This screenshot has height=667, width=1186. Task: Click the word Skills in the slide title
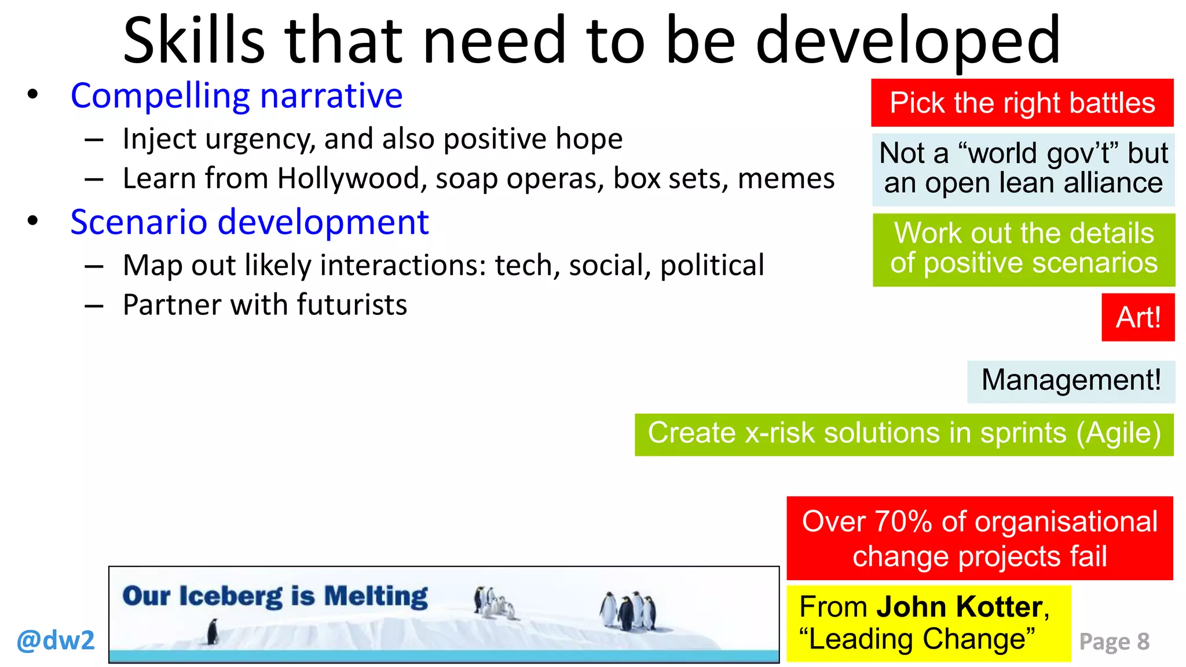click(x=193, y=41)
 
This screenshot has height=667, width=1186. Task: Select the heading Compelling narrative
click(x=236, y=96)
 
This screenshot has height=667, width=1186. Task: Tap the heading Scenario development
click(x=249, y=222)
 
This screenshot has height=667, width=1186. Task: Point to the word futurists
click(x=352, y=305)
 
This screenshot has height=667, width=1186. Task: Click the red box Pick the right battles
click(x=1022, y=103)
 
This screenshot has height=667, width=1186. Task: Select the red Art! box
click(x=1138, y=317)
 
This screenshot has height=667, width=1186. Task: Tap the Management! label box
click(x=1071, y=381)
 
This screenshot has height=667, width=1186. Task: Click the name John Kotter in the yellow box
click(x=960, y=607)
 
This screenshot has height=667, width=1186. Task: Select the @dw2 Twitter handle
click(x=56, y=640)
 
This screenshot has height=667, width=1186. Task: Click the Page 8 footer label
click(x=1114, y=642)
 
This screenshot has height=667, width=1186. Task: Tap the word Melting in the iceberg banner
click(x=375, y=596)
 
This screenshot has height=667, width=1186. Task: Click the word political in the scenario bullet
click(x=712, y=266)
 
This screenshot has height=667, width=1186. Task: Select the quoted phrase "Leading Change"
click(x=917, y=639)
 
